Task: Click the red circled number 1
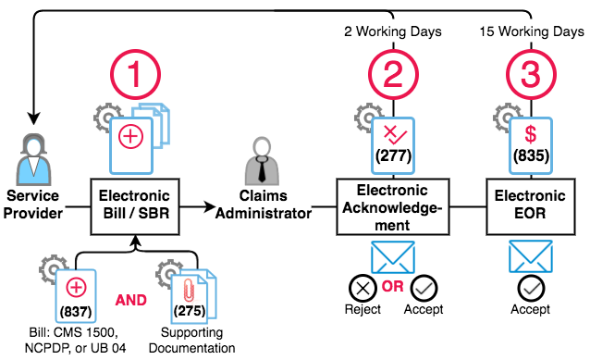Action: click(x=135, y=75)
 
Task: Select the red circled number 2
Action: click(x=393, y=75)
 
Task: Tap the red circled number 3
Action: click(x=531, y=75)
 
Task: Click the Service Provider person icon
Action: click(x=33, y=160)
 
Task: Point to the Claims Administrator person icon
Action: click(x=262, y=161)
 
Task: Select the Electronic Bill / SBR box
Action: click(x=135, y=206)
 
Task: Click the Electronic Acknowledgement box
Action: click(x=393, y=206)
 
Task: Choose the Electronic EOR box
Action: click(x=531, y=206)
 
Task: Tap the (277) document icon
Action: click(x=393, y=145)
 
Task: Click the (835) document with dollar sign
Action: click(x=531, y=145)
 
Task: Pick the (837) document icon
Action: click(x=76, y=296)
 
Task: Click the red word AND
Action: click(x=131, y=300)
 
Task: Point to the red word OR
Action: click(x=393, y=287)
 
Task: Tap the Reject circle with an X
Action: click(x=363, y=289)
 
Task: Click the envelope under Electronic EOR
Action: click(x=531, y=257)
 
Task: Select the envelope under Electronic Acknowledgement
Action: click(x=393, y=257)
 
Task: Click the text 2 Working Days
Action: click(x=393, y=31)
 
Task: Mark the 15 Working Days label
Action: click(x=532, y=31)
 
